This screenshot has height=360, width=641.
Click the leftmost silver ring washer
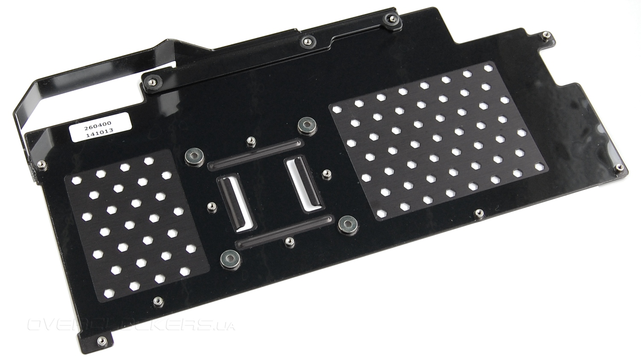pos(195,156)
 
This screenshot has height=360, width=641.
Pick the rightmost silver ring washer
pos(348,224)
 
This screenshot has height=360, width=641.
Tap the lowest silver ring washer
pos(230,260)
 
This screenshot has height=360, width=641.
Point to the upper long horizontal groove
pos(255,154)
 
